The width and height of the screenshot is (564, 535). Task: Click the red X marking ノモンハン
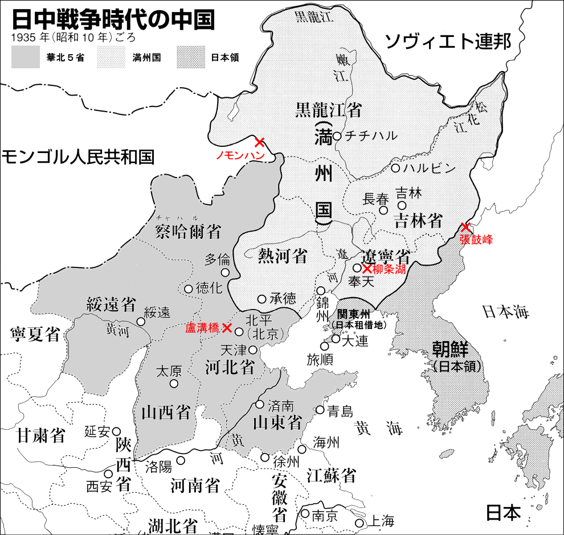[259, 142]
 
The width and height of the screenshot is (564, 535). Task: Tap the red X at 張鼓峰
[466, 227]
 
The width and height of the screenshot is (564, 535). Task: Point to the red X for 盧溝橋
[227, 327]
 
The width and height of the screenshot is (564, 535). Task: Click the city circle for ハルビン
[395, 168]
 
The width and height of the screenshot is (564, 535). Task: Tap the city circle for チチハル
[337, 136]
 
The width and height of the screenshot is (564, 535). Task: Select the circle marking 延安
[116, 431]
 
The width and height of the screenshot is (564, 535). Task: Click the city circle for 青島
[320, 410]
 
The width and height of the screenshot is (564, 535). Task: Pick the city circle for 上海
[359, 522]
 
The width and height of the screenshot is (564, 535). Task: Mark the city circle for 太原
[174, 383]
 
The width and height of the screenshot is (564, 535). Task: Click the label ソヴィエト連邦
[447, 42]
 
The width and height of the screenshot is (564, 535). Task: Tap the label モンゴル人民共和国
[77, 157]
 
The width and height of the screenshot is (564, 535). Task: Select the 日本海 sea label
[505, 311]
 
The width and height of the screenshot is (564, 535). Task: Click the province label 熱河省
[283, 256]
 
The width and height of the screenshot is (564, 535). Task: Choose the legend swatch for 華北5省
[25, 57]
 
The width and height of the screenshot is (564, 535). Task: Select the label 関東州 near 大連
[354, 314]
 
